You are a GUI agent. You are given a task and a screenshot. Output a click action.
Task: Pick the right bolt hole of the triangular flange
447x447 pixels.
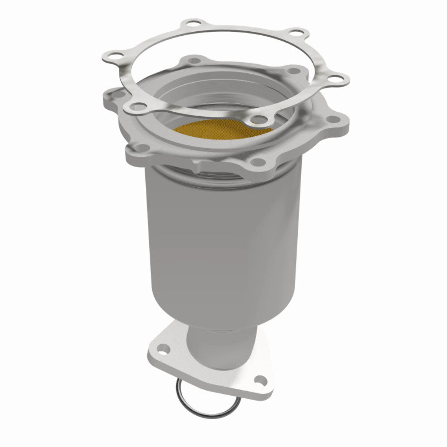pyautogui.click(x=259, y=380)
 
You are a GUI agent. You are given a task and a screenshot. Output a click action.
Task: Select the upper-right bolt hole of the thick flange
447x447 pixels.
pyautogui.click(x=294, y=70)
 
